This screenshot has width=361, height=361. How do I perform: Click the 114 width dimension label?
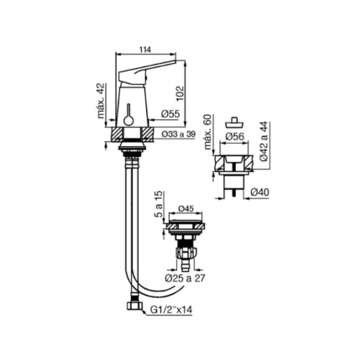pyautogui.click(x=145, y=50)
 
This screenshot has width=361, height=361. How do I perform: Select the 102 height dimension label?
pyautogui.click(x=180, y=93)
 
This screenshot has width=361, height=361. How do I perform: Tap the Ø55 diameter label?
pyautogui.click(x=170, y=114)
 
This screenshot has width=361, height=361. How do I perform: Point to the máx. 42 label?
pyautogui.click(x=102, y=101)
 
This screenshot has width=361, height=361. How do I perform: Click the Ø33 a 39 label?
pyautogui.click(x=178, y=134)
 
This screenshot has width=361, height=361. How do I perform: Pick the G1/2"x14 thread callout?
pyautogui.click(x=171, y=310)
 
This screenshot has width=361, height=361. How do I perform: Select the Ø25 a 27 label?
pyautogui.click(x=185, y=279)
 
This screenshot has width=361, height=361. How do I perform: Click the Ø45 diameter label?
pyautogui.click(x=186, y=208)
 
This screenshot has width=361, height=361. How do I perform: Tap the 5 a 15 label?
pyautogui.click(x=160, y=205)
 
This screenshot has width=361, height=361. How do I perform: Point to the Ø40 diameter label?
pyautogui.click(x=259, y=192)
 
